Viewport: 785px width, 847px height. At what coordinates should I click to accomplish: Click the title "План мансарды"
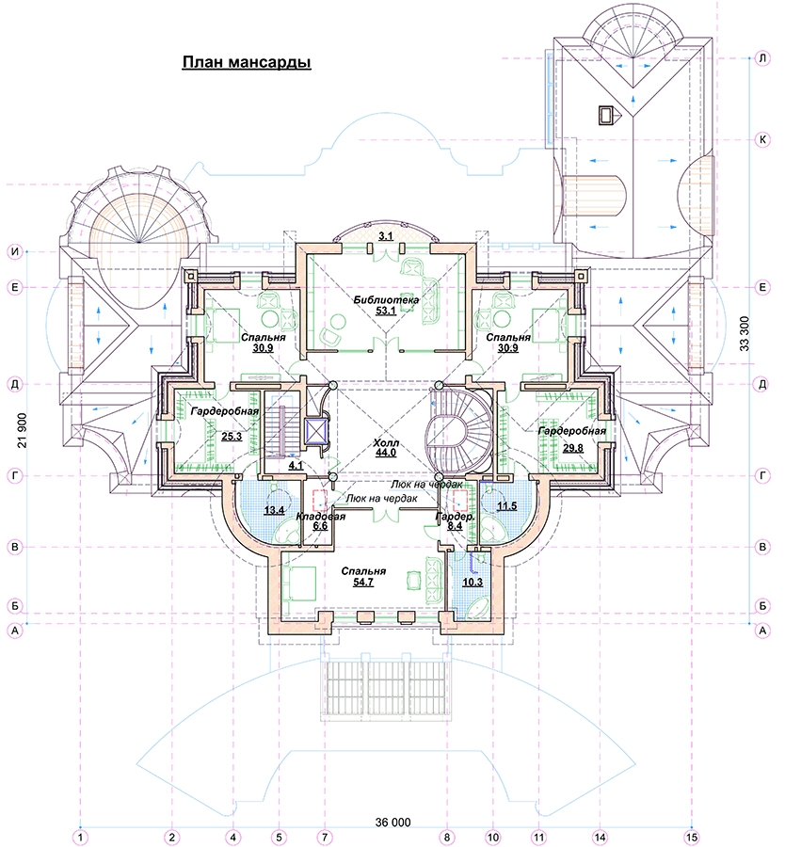247,63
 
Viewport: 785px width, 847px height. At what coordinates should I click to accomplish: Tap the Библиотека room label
386,300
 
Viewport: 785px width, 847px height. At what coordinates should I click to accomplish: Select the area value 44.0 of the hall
385,454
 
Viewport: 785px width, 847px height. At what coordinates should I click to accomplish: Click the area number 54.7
363,583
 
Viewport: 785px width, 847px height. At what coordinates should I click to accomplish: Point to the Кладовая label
320,517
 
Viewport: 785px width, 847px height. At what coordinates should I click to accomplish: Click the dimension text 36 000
392,823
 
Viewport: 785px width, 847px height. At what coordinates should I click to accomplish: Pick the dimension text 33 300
745,334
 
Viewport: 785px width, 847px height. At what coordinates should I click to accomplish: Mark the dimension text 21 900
22,430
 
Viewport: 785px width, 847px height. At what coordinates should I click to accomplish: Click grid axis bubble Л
762,58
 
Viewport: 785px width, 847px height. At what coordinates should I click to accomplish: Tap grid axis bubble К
762,140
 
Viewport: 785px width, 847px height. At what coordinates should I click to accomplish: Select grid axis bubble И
15,251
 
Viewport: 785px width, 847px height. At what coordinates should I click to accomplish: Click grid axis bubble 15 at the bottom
692,838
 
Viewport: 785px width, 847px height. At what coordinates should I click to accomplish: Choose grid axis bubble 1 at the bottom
80,838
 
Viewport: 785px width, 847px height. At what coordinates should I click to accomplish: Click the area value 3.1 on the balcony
386,236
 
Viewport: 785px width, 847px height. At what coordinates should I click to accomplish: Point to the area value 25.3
232,436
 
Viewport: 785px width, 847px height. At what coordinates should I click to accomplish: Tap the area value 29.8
572,448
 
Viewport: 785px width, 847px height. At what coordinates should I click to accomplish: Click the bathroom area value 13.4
274,510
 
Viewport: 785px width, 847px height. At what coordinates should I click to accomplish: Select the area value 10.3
473,583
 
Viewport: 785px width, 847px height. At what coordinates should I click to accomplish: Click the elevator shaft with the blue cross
315,431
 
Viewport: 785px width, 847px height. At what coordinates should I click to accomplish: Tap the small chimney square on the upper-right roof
606,115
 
